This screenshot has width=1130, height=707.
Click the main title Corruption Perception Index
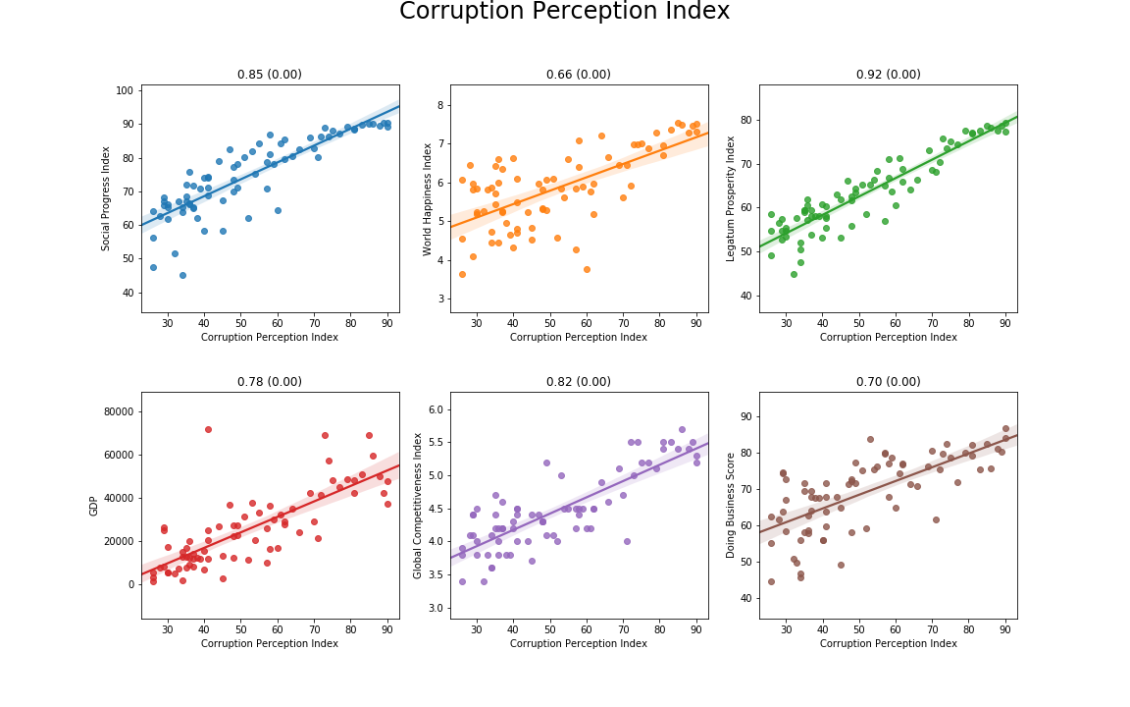[x=564, y=12]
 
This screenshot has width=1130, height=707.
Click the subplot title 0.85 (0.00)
[x=270, y=75]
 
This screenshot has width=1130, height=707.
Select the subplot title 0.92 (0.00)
[x=888, y=75]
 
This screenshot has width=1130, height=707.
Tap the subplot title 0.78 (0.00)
[x=270, y=382]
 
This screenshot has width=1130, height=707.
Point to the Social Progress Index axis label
[x=107, y=198]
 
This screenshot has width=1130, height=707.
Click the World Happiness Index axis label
[x=428, y=198]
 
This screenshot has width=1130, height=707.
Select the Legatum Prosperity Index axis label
[x=731, y=198]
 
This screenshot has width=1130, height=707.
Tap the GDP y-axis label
[x=94, y=506]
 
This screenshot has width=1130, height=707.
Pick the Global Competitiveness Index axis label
[x=418, y=506]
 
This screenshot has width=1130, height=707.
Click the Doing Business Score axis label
[x=731, y=506]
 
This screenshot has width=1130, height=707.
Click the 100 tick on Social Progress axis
[x=124, y=90]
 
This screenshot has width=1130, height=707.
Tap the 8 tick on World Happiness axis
[x=440, y=105]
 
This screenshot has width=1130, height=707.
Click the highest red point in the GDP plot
[x=208, y=429]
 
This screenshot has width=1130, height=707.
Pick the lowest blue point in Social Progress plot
[x=182, y=275]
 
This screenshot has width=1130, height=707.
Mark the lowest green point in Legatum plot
[x=794, y=274]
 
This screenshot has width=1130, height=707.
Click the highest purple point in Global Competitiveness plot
[x=682, y=429]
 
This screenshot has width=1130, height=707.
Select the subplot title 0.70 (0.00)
[x=888, y=382]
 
